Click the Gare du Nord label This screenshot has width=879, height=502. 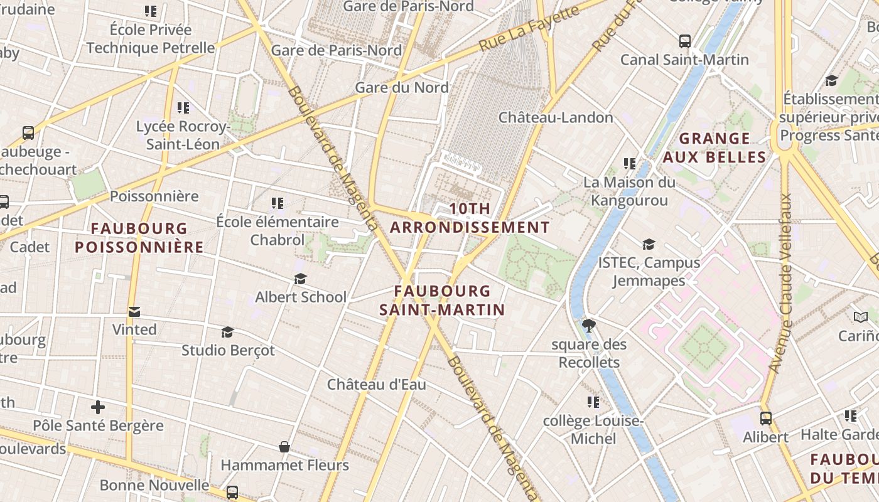pos(402,87)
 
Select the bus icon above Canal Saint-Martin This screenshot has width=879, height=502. pos(685,41)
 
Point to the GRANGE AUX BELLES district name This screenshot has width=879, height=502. pos(715,147)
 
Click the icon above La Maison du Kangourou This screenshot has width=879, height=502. pos(630,164)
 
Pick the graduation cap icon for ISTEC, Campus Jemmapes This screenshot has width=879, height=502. pos(649,244)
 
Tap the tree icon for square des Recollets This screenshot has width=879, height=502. pos(589,325)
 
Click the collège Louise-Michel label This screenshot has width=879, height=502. pos(593,429)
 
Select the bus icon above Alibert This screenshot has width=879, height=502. pos(766,419)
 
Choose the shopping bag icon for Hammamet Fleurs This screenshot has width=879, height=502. pos(284,447)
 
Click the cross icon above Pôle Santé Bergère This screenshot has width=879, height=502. pos(98,407)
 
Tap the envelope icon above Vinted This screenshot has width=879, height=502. pos(134,312)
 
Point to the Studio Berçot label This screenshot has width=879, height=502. pos(228,350)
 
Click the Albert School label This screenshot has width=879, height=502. pos(301,297)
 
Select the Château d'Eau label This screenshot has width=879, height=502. pos(377,384)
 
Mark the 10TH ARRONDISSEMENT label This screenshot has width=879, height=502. pos(470,218)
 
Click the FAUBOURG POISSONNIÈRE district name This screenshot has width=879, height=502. pos(139,237)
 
